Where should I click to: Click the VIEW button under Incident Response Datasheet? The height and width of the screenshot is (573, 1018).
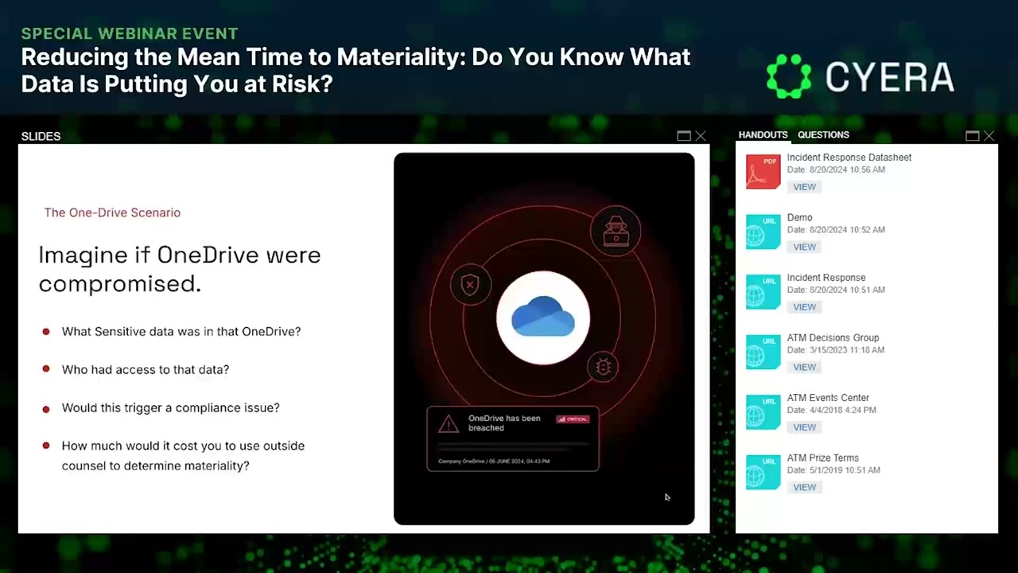(x=804, y=187)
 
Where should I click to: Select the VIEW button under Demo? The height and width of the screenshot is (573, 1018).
(x=804, y=248)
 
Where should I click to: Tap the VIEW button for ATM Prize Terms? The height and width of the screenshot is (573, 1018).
(x=804, y=488)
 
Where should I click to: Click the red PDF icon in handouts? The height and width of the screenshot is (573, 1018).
(x=763, y=171)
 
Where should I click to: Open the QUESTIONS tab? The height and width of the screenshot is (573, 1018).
(x=823, y=135)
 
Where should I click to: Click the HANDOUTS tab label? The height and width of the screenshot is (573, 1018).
(x=763, y=135)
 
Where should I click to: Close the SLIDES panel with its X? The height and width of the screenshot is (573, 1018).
(x=701, y=136)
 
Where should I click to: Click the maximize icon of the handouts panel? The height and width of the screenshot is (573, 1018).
(x=972, y=136)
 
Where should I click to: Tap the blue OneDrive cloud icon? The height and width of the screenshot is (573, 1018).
(x=543, y=317)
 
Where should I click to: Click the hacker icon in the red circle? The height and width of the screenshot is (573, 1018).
(x=616, y=231)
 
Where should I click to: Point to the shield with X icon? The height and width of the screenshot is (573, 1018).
(x=470, y=284)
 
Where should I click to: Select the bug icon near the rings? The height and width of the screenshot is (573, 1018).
(x=603, y=367)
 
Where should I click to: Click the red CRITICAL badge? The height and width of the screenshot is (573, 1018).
(x=573, y=419)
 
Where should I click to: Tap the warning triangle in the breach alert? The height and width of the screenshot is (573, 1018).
(x=449, y=425)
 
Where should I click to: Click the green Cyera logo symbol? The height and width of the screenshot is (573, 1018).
(x=789, y=76)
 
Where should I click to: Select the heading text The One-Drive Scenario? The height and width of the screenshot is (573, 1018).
(x=112, y=212)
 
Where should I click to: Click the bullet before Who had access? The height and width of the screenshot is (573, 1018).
(x=46, y=370)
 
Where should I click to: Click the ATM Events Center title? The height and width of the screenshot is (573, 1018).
(x=828, y=398)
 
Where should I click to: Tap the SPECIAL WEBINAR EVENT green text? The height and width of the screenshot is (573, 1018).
(x=130, y=33)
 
